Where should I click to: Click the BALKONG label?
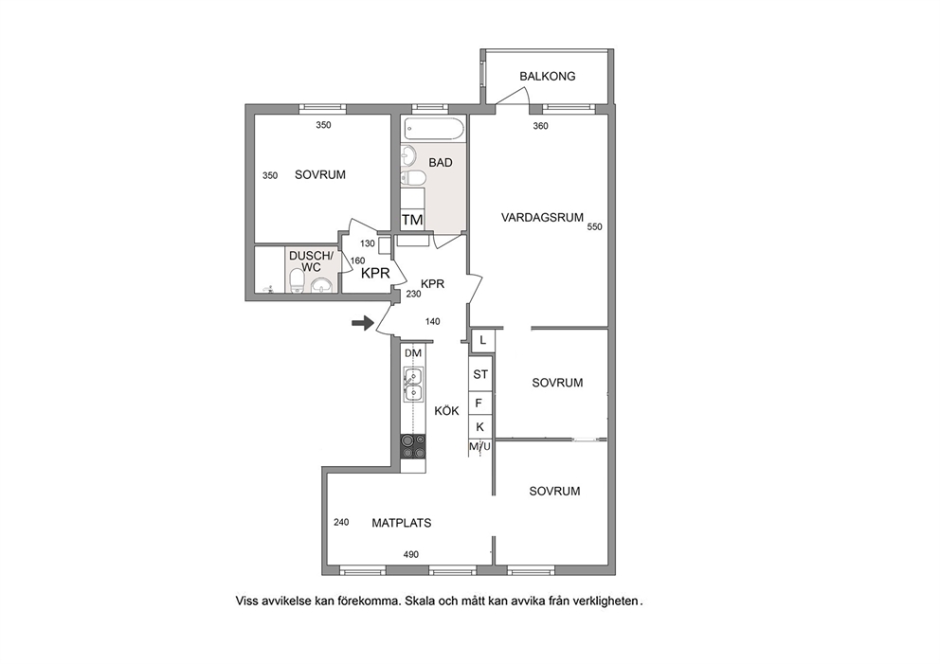[548, 76]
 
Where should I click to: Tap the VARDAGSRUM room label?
[542, 218]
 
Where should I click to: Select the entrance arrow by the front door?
[362, 324]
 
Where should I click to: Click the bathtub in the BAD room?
[434, 128]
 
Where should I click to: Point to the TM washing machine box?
[412, 220]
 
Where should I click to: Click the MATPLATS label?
[402, 523]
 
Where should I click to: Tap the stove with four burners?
[413, 447]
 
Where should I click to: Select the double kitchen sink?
[413, 385]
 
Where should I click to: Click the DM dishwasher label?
[413, 353]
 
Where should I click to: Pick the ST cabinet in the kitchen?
[480, 374]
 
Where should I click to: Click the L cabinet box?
[482, 341]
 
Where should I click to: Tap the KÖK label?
[446, 411]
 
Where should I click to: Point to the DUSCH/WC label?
[311, 261]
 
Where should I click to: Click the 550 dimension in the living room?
[595, 226]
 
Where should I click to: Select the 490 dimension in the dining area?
[410, 554]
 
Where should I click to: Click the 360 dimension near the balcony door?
[541, 126]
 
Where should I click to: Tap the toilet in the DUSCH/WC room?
[297, 280]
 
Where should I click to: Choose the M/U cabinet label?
[479, 446]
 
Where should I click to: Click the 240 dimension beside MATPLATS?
[341, 522]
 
